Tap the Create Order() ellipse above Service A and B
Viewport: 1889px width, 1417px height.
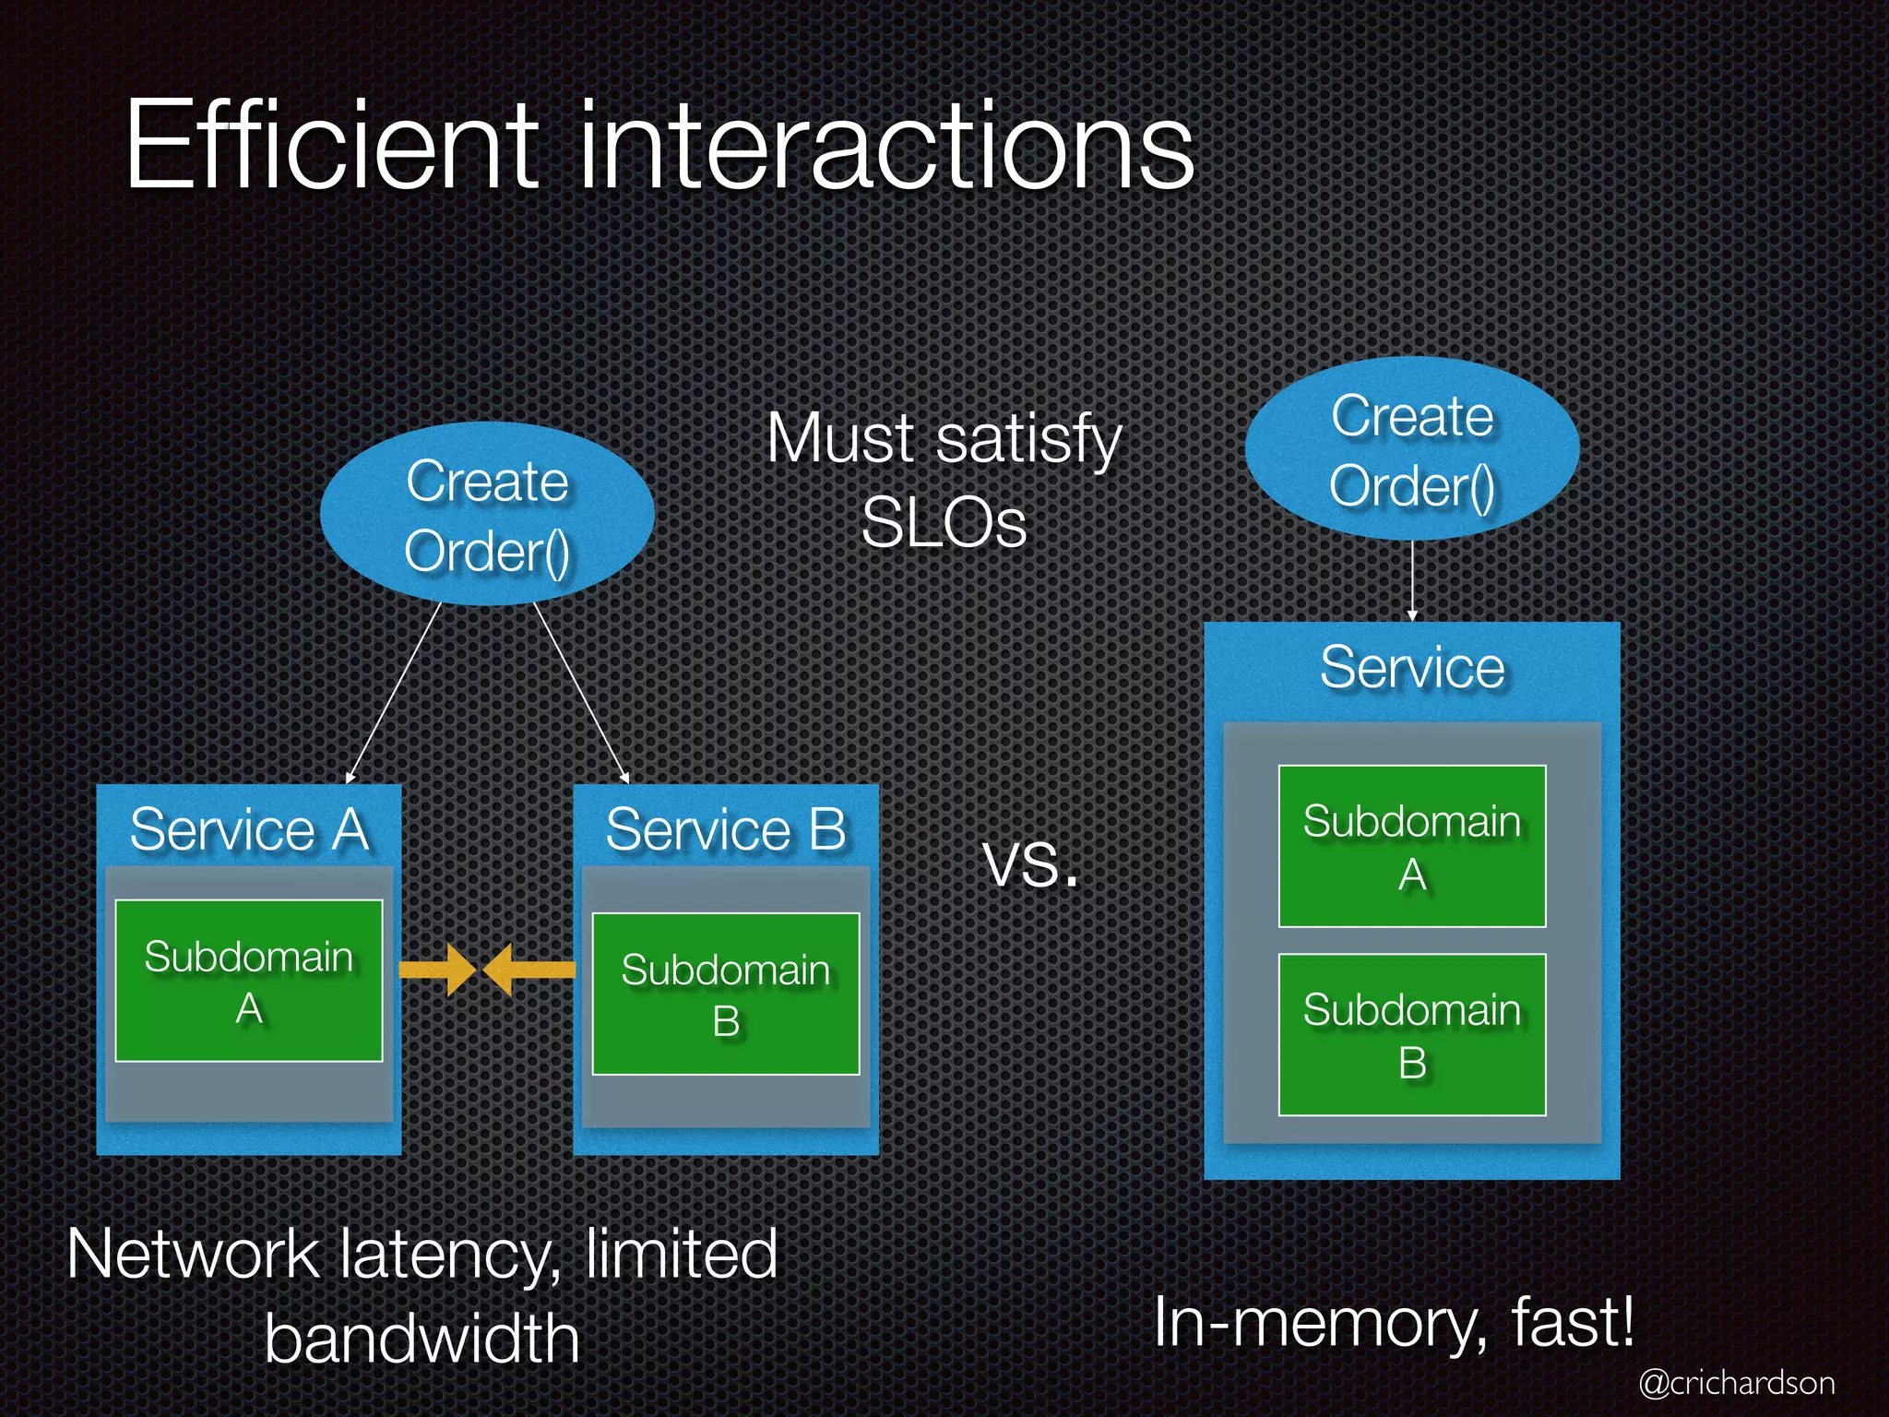pyautogui.click(x=487, y=514)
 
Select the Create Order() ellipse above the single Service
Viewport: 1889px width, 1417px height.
pyautogui.click(x=1411, y=449)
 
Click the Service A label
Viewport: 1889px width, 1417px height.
pyautogui.click(x=249, y=828)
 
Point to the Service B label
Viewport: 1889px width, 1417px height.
pyautogui.click(x=726, y=828)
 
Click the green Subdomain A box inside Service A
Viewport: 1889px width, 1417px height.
pyautogui.click(x=249, y=981)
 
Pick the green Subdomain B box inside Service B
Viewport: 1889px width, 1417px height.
pyautogui.click(x=726, y=994)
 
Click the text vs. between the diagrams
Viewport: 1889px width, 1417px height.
pyautogui.click(x=1030, y=864)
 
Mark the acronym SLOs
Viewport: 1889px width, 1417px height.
pyautogui.click(x=944, y=523)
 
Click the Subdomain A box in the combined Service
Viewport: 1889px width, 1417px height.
pyautogui.click(x=1411, y=846)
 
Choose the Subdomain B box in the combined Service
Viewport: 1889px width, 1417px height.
pyautogui.click(x=1411, y=1034)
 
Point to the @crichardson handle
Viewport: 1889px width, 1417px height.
pyautogui.click(x=1737, y=1383)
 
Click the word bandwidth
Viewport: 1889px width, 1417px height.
pyautogui.click(x=422, y=1339)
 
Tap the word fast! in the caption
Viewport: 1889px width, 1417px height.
pyautogui.click(x=1573, y=1322)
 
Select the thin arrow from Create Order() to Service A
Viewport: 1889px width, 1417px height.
pyautogui.click(x=394, y=692)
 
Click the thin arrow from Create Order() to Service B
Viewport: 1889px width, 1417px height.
pyautogui.click(x=581, y=692)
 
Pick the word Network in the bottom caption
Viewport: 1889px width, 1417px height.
pyautogui.click(x=193, y=1255)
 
